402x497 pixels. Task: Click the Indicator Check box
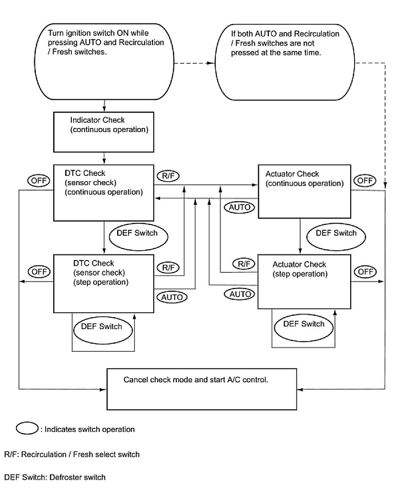[x=104, y=132]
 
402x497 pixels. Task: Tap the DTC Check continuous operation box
[x=104, y=193]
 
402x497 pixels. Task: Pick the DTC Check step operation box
[x=104, y=283]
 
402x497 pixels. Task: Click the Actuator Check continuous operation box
[x=304, y=191]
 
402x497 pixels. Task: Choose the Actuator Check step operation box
[x=304, y=281]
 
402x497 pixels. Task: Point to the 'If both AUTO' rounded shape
[x=284, y=62]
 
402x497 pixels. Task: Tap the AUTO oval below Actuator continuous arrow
[x=240, y=207]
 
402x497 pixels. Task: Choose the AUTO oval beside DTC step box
[x=172, y=297]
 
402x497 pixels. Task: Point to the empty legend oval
[x=28, y=429]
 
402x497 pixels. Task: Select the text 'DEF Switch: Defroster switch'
[x=55, y=478]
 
